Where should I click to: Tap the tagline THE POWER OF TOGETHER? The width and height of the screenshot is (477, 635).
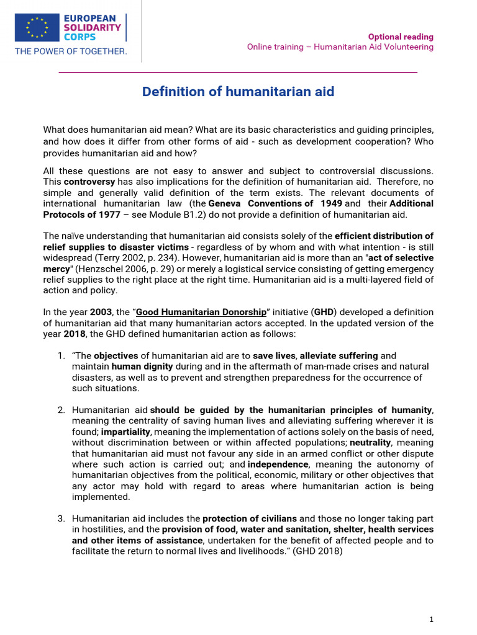click(71, 51)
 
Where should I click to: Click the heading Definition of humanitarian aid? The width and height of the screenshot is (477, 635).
click(238, 92)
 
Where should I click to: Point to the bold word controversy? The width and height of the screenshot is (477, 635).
click(89, 182)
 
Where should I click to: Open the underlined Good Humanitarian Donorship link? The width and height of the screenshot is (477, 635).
click(201, 312)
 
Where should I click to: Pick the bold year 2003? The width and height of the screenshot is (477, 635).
click(101, 312)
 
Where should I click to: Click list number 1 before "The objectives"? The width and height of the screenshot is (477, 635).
click(60, 356)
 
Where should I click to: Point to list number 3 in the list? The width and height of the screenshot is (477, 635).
click(60, 518)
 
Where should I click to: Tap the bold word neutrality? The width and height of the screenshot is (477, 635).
click(370, 443)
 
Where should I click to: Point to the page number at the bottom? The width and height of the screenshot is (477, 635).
click(431, 619)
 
